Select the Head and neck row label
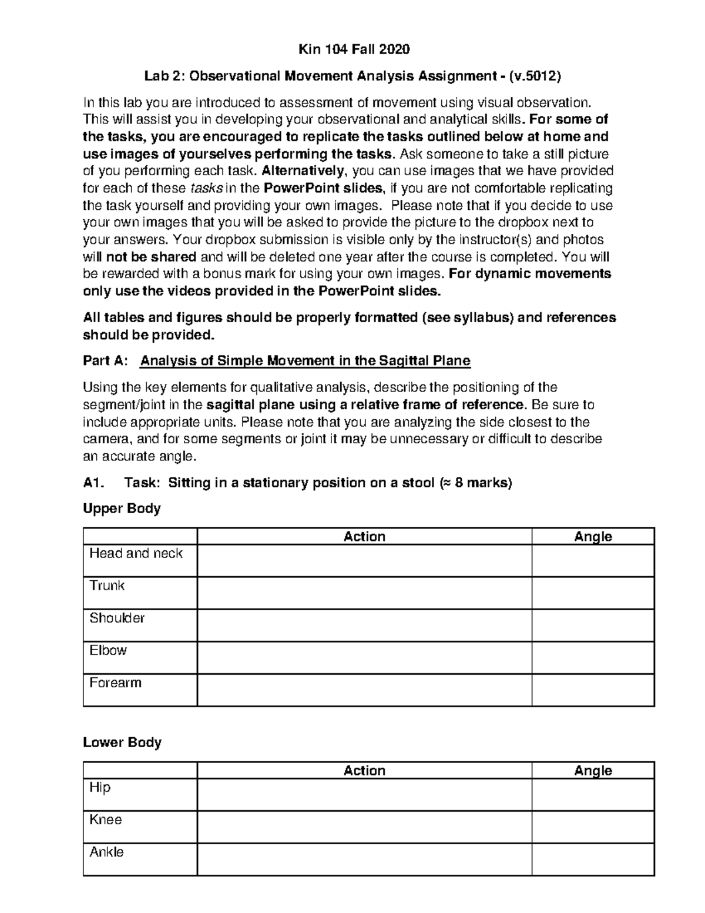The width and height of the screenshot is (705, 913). click(136, 553)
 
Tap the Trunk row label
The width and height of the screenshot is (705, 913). click(107, 586)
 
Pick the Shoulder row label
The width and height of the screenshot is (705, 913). click(117, 618)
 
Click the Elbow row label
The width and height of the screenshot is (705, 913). click(108, 650)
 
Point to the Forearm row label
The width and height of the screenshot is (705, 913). click(115, 683)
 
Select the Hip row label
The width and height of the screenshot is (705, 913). click(100, 787)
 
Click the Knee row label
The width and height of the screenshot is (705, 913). click(106, 820)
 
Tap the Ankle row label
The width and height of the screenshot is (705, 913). click(106, 852)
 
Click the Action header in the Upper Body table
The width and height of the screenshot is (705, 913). click(364, 536)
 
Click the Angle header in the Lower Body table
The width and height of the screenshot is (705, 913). click(593, 770)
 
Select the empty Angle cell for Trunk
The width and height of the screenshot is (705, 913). click(593, 593)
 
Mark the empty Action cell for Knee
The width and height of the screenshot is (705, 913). click(364, 827)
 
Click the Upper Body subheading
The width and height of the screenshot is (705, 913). click(122, 509)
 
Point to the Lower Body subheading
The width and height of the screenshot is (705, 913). click(122, 743)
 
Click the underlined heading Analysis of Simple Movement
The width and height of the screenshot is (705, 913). click(305, 361)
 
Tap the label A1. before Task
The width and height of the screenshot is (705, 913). click(94, 483)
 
